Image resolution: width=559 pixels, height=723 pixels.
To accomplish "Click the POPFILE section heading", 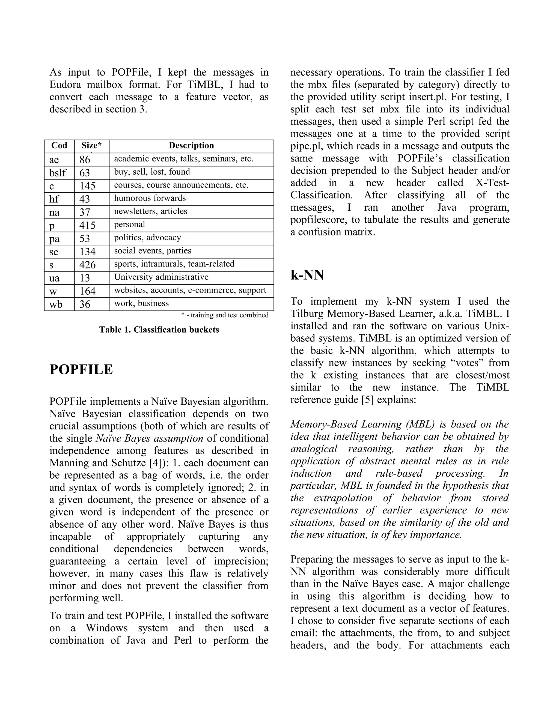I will pos(81,370).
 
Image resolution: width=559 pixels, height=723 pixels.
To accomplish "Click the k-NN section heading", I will pos(307,275).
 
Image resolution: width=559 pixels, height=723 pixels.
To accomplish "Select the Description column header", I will pos(191,146).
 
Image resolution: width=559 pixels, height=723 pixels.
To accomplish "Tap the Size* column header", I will pos(91,146).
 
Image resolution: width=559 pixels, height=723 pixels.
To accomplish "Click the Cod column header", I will pos(59,146).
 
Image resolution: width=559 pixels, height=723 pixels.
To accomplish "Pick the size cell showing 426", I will pos(87,265).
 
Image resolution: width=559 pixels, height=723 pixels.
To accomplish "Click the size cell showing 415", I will pos(87,225).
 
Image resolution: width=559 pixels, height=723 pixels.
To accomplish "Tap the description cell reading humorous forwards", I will pos(150,198).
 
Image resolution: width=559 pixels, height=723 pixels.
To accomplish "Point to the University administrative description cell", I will pos(161,277).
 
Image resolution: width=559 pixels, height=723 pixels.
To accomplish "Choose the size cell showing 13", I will pos(85,278).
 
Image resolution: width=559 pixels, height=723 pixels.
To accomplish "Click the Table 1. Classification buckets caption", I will pos(159,330).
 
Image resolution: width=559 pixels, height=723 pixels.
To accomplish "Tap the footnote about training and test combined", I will pos(225,315).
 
